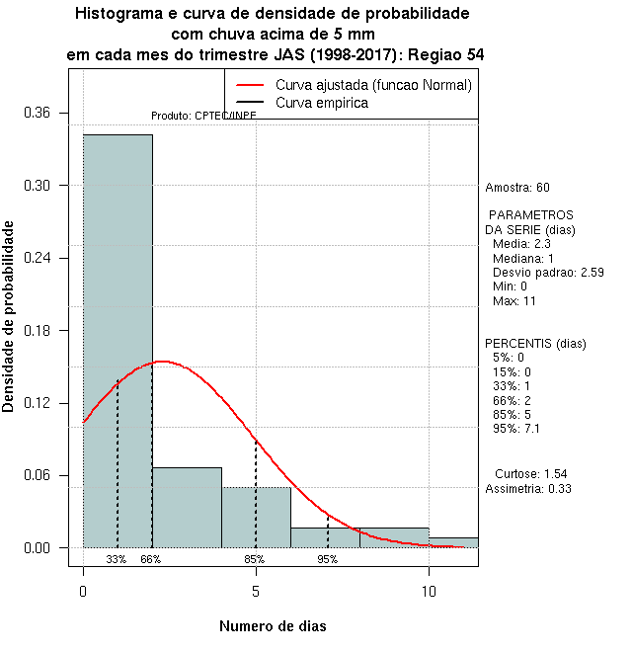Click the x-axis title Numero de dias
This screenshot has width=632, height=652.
pyautogui.click(x=272, y=626)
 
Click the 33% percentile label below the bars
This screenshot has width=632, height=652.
pyautogui.click(x=117, y=559)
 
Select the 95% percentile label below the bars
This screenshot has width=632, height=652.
pyautogui.click(x=328, y=559)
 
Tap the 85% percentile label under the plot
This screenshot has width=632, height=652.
pyautogui.click(x=255, y=559)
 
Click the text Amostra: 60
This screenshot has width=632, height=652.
pyautogui.click(x=517, y=187)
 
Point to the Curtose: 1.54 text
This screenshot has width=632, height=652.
pyautogui.click(x=530, y=474)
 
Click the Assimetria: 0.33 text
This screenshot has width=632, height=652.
pyautogui.click(x=528, y=488)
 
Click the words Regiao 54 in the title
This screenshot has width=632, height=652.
pyautogui.click(x=447, y=56)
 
